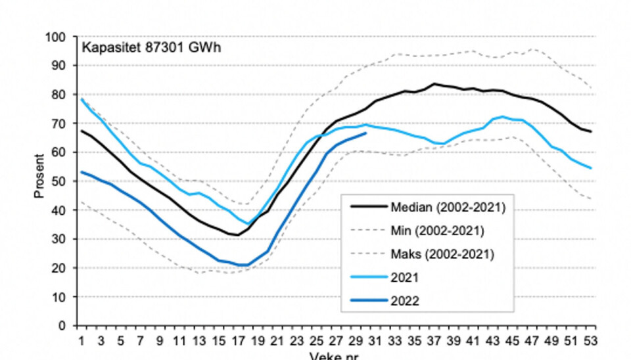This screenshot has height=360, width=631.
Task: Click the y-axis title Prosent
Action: pyautogui.click(x=39, y=176)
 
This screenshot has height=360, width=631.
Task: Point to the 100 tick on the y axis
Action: pyautogui.click(x=61, y=37)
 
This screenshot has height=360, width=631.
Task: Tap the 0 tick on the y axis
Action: pyautogui.click(x=66, y=326)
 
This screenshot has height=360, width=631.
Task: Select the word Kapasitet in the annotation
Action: pyautogui.click(x=105, y=48)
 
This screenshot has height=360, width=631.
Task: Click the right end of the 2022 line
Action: pyautogui.click(x=365, y=133)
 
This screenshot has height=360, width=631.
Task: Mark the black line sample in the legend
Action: pyautogui.click(x=368, y=207)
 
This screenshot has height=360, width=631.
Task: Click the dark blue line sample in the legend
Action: pyautogui.click(x=368, y=302)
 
